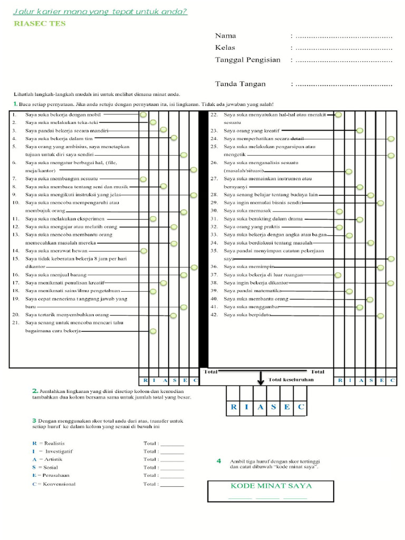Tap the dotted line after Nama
point(344,36)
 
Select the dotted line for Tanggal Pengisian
point(344,60)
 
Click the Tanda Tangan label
point(240,84)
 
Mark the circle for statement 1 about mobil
point(143,114)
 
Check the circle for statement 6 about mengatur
point(194,170)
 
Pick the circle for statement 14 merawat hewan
point(143,251)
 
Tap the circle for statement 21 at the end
point(153,331)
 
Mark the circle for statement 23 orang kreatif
point(360,130)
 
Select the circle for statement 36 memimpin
point(380,267)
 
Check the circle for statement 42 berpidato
point(380,315)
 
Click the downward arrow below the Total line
point(260,379)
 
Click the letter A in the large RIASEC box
point(260,407)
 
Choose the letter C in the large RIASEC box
point(300,407)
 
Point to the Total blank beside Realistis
point(172,444)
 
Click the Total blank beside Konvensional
point(172,484)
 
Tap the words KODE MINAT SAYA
point(271,486)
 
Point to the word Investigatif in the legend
point(59,451)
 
